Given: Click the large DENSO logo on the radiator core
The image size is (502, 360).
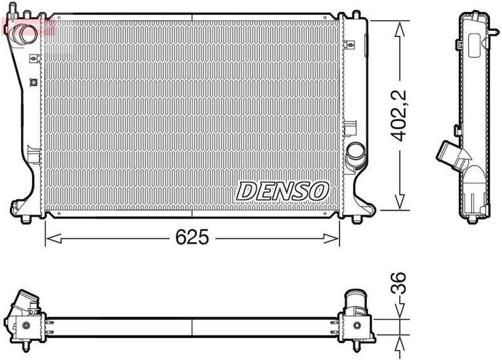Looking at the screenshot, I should pos(282,190).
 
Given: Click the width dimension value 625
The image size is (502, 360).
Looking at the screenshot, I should pos(192,238).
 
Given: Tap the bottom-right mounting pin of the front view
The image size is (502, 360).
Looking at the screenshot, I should pos(356,218).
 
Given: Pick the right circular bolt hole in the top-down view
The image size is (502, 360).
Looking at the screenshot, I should pos(356,325).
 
